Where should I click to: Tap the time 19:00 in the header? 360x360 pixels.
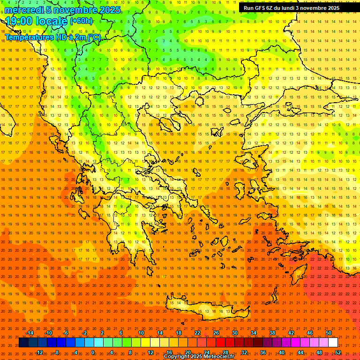(20, 21)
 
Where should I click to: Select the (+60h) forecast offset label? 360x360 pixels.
(81, 21)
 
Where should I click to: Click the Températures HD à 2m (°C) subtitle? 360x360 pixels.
(52, 37)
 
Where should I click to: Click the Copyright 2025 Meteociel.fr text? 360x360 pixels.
(199, 357)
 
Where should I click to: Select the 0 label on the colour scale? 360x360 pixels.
(93, 352)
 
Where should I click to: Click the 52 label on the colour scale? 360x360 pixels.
(338, 352)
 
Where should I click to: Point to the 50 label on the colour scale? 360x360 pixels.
(329, 333)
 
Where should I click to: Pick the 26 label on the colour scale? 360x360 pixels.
(216, 333)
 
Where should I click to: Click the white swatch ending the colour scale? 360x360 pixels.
(333, 343)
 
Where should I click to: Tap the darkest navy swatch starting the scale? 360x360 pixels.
(23, 343)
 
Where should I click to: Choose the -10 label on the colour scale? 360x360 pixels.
(48, 333)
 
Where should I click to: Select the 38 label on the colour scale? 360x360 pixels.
(272, 333)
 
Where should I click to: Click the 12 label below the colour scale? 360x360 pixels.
(150, 352)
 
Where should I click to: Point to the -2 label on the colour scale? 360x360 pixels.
(85, 333)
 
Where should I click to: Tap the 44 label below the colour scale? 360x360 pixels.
(300, 352)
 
